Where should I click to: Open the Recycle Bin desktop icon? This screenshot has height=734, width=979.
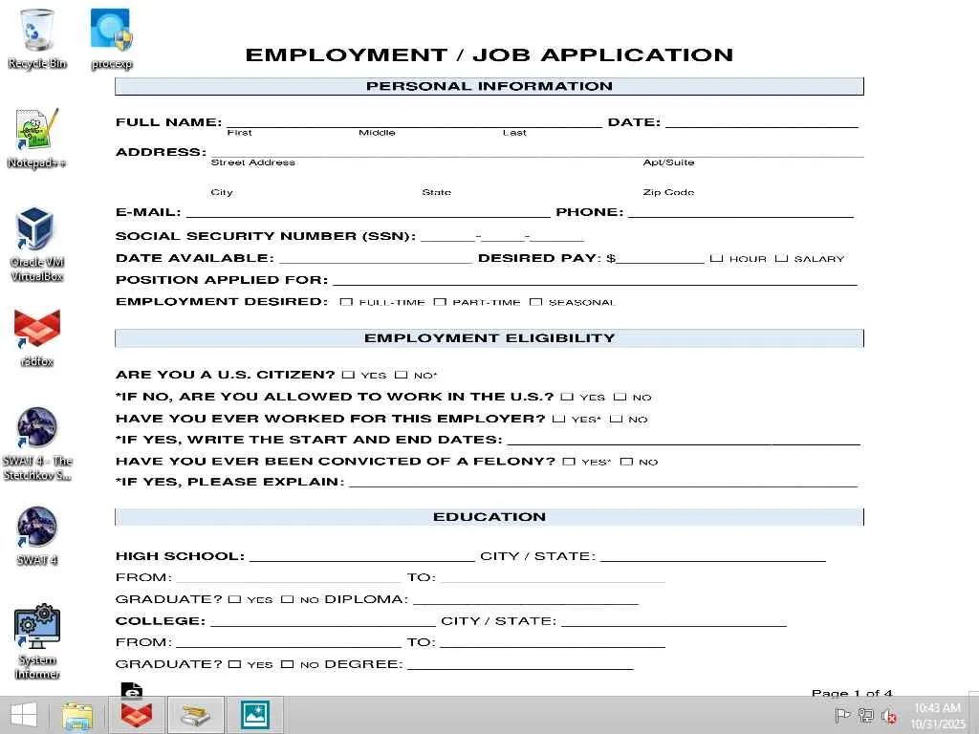point(36,31)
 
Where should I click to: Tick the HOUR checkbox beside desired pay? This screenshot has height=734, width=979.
point(716,258)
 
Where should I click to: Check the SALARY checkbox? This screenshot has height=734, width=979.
point(781,258)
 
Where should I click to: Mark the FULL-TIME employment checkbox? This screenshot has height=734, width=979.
point(346,302)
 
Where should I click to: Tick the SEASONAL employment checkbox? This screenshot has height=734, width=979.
point(535,302)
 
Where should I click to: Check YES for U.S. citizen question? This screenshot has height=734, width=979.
point(348,376)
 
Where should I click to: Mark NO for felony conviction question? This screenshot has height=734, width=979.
point(626,462)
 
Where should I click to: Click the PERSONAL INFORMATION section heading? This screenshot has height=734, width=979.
point(489,86)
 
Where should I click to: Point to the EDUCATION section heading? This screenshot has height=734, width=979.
point(489,517)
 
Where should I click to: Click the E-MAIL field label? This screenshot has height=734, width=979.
point(147,212)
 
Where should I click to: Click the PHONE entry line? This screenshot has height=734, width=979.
point(740,214)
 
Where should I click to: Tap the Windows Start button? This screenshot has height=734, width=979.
point(23,715)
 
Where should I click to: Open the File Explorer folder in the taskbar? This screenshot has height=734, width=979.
point(77,715)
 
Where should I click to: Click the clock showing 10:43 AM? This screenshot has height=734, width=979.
point(937,708)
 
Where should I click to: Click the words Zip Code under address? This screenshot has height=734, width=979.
point(668,192)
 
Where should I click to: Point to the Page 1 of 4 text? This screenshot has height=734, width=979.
point(851,693)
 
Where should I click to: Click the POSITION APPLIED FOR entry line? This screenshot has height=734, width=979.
point(594,282)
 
